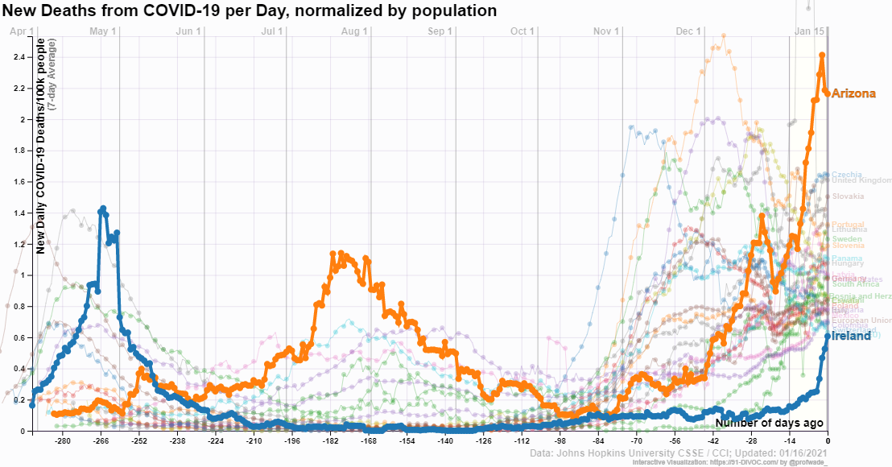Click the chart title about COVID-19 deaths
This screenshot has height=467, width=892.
(x=250, y=10)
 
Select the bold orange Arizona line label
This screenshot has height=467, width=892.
(x=853, y=93)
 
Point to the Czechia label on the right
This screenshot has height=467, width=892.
(x=846, y=175)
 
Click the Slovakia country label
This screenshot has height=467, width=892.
(x=848, y=196)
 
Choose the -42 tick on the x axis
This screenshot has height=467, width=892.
(x=713, y=442)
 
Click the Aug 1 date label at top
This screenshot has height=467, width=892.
(x=355, y=31)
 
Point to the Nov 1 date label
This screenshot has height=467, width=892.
(x=606, y=31)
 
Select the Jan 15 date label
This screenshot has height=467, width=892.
(x=810, y=31)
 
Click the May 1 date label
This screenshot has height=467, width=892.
(x=104, y=31)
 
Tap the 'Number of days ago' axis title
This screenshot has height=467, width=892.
(x=769, y=422)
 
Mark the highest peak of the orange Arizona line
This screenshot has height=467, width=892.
(x=822, y=56)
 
